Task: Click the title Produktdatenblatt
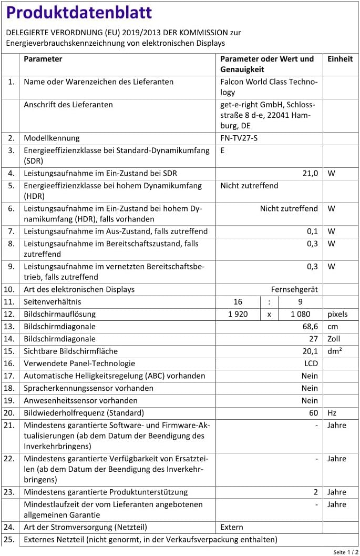(79, 13)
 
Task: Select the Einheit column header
(340, 59)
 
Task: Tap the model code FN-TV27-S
(239, 138)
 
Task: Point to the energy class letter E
(223, 150)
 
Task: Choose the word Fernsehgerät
(294, 289)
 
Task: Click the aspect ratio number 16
(238, 302)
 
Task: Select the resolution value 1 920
(238, 314)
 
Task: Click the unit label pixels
(337, 314)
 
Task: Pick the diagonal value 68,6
(309, 327)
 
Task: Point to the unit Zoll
(334, 339)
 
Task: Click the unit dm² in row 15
(335, 351)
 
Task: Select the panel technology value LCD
(311, 363)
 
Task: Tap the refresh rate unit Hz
(332, 413)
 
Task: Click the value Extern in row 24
(232, 527)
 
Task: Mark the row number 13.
(9, 327)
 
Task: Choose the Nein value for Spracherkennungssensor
(310, 388)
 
